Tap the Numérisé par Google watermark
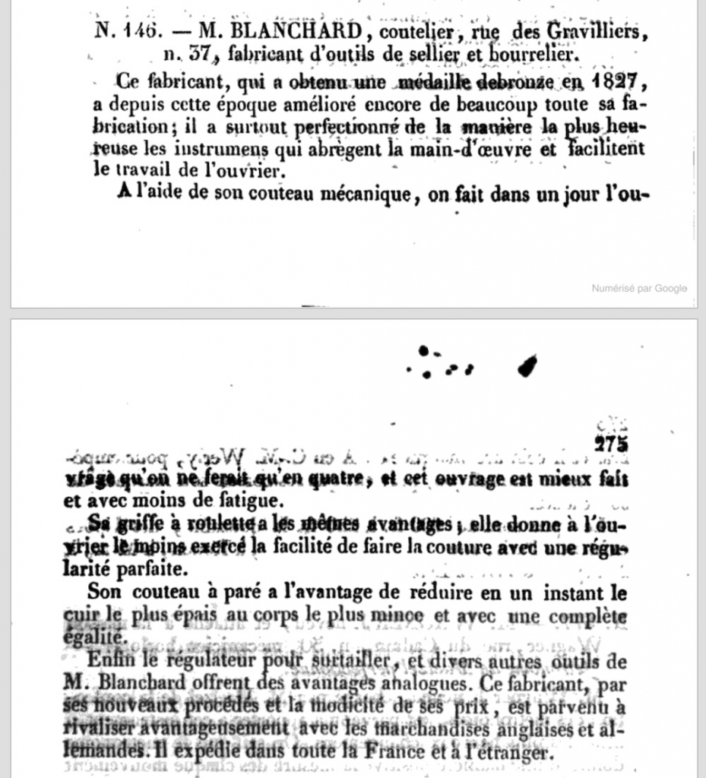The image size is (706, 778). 639,288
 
